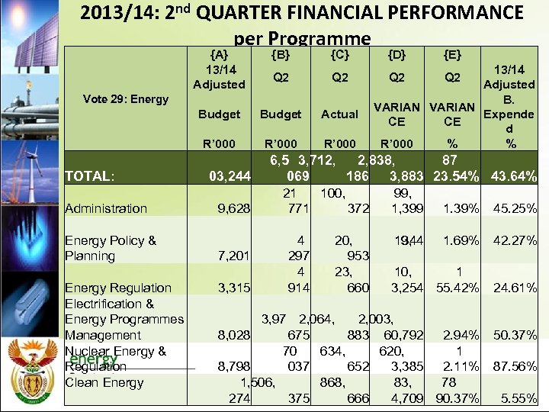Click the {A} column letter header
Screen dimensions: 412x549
(219, 54)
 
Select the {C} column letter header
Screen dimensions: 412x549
(340, 54)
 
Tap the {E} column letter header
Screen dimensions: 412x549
(452, 54)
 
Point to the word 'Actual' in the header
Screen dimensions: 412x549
(340, 114)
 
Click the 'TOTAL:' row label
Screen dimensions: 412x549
(90, 177)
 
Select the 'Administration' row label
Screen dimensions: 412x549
(106, 208)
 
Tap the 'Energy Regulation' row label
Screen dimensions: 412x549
(118, 288)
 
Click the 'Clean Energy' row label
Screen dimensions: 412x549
(104, 382)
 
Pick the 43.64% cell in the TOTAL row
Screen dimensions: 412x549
(514, 177)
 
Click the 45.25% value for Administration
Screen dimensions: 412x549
(514, 208)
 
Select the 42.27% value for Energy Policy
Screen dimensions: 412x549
(514, 240)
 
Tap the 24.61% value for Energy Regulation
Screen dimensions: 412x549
(514, 288)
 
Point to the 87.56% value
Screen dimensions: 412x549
(514, 366)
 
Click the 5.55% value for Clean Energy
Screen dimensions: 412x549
(519, 398)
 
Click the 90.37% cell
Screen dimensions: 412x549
(456, 398)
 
